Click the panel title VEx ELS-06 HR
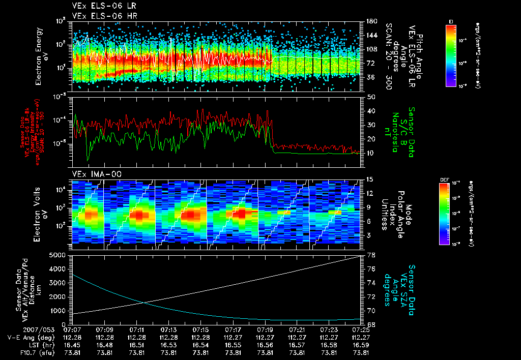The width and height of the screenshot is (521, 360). click(99, 16)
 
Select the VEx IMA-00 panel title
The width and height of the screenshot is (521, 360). click(92, 174)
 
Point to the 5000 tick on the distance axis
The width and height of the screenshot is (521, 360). click(60, 255)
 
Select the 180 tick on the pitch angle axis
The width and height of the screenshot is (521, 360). click(370, 21)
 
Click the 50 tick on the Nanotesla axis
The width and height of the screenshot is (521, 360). click(370, 97)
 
